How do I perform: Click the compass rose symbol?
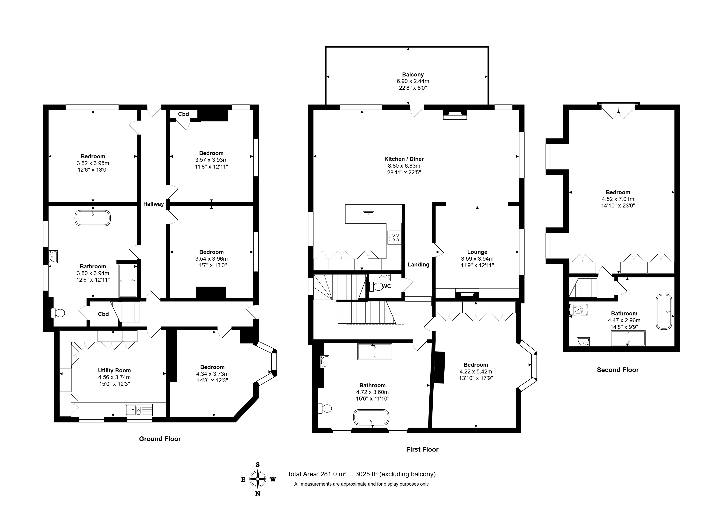(258, 479)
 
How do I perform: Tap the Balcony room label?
(413, 74)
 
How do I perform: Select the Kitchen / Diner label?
(404, 159)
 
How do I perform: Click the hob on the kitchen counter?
(395, 237)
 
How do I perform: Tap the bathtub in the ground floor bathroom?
(92, 218)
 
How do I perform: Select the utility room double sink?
(139, 410)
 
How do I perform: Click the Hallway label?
(153, 204)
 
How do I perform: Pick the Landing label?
(418, 264)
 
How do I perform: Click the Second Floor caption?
(618, 370)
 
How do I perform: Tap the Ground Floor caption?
(160, 439)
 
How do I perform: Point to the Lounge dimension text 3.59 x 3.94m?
(477, 259)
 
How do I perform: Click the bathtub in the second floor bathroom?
(664, 311)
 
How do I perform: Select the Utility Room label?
(114, 370)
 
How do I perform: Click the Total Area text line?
(361, 474)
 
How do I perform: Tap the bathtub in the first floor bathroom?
(371, 417)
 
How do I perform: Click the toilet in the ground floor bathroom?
(58, 313)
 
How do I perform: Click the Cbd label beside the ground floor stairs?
(103, 314)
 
